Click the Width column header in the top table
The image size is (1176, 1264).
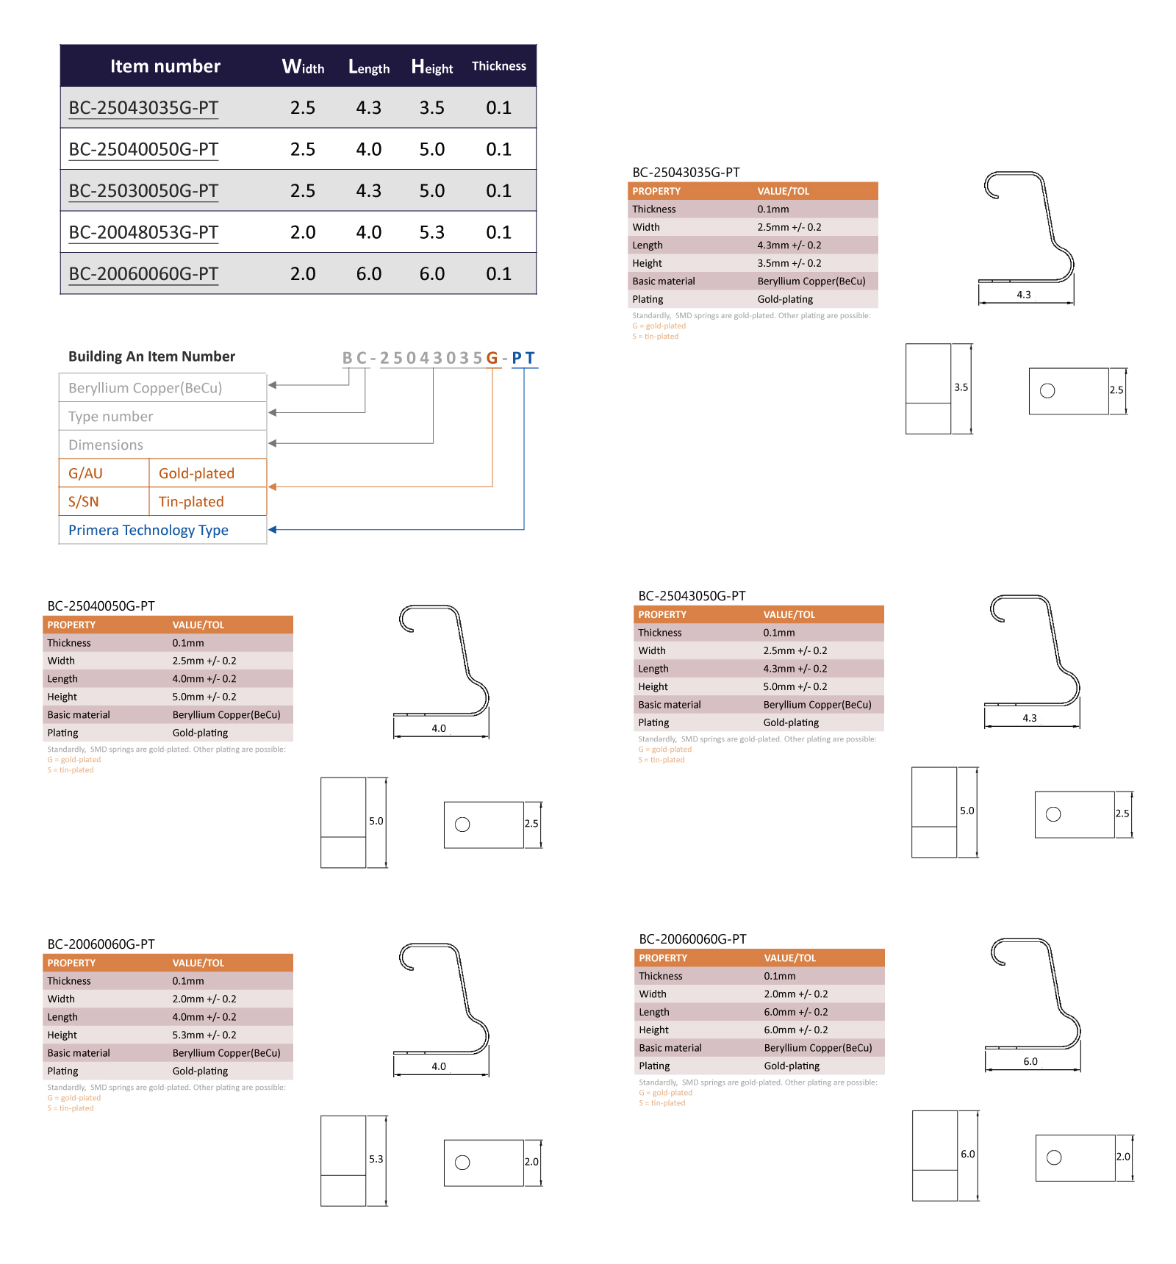(x=303, y=67)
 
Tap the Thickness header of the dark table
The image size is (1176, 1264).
(x=499, y=66)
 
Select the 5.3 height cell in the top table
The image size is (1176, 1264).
(x=432, y=232)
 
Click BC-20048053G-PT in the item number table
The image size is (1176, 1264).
(x=143, y=232)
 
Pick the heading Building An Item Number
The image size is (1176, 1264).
(x=151, y=356)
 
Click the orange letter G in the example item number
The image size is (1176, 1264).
(x=492, y=358)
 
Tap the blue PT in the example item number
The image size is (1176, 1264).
(x=523, y=358)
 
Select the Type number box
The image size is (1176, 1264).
(x=162, y=416)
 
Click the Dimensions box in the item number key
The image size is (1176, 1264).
(x=162, y=445)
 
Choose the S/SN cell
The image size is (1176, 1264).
(x=104, y=501)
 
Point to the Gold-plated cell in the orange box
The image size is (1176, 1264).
(x=207, y=473)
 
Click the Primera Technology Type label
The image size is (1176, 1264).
(x=148, y=530)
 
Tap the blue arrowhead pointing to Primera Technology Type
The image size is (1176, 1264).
(x=273, y=529)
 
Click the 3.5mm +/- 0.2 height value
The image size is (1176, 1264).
(x=789, y=263)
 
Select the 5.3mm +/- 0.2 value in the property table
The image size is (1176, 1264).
(x=204, y=1035)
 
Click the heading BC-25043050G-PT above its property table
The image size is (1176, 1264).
(x=692, y=596)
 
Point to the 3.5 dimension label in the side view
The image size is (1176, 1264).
(x=961, y=387)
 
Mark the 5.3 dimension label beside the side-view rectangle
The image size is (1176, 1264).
(x=376, y=1159)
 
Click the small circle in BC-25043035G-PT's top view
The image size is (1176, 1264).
(x=1047, y=391)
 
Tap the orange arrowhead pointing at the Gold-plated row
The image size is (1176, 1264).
(x=273, y=486)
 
